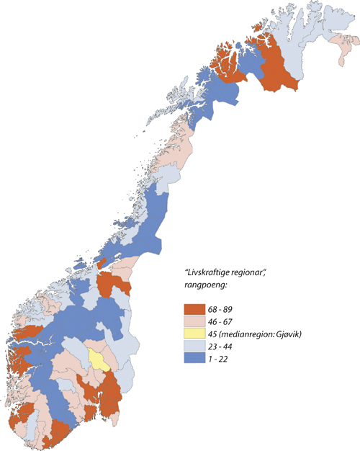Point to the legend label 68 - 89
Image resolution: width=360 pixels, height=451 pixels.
[x=223, y=307]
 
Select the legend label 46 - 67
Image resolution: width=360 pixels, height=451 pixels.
[x=223, y=321]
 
